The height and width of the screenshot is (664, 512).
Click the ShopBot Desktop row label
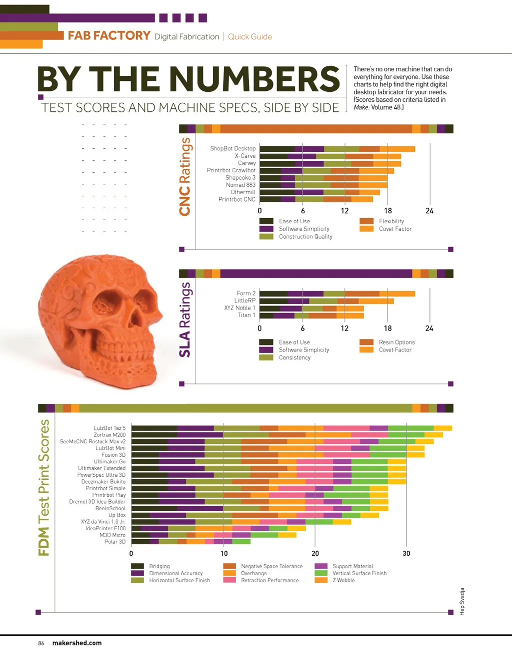point(232,148)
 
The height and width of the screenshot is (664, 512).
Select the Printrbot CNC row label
point(236,199)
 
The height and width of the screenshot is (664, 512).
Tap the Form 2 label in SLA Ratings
point(246,293)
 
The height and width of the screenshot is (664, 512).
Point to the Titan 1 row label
point(246,315)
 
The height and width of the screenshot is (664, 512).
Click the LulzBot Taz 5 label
point(109,428)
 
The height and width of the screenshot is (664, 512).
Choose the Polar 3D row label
point(115,541)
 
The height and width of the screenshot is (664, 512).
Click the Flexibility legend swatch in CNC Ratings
point(366,221)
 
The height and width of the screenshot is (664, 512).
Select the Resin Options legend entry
point(396,342)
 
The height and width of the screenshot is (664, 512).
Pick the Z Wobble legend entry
point(343,580)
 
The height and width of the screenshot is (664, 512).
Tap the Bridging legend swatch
point(137,566)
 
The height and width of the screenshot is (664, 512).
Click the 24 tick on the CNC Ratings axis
point(429,211)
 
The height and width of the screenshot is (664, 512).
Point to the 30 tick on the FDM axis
point(406,553)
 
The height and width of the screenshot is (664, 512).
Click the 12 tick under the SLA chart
point(344,328)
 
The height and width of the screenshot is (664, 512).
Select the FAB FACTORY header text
point(109,36)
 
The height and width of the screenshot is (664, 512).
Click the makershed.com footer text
point(77,643)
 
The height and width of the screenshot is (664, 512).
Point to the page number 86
point(41,643)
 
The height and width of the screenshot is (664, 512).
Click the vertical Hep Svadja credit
point(462,602)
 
